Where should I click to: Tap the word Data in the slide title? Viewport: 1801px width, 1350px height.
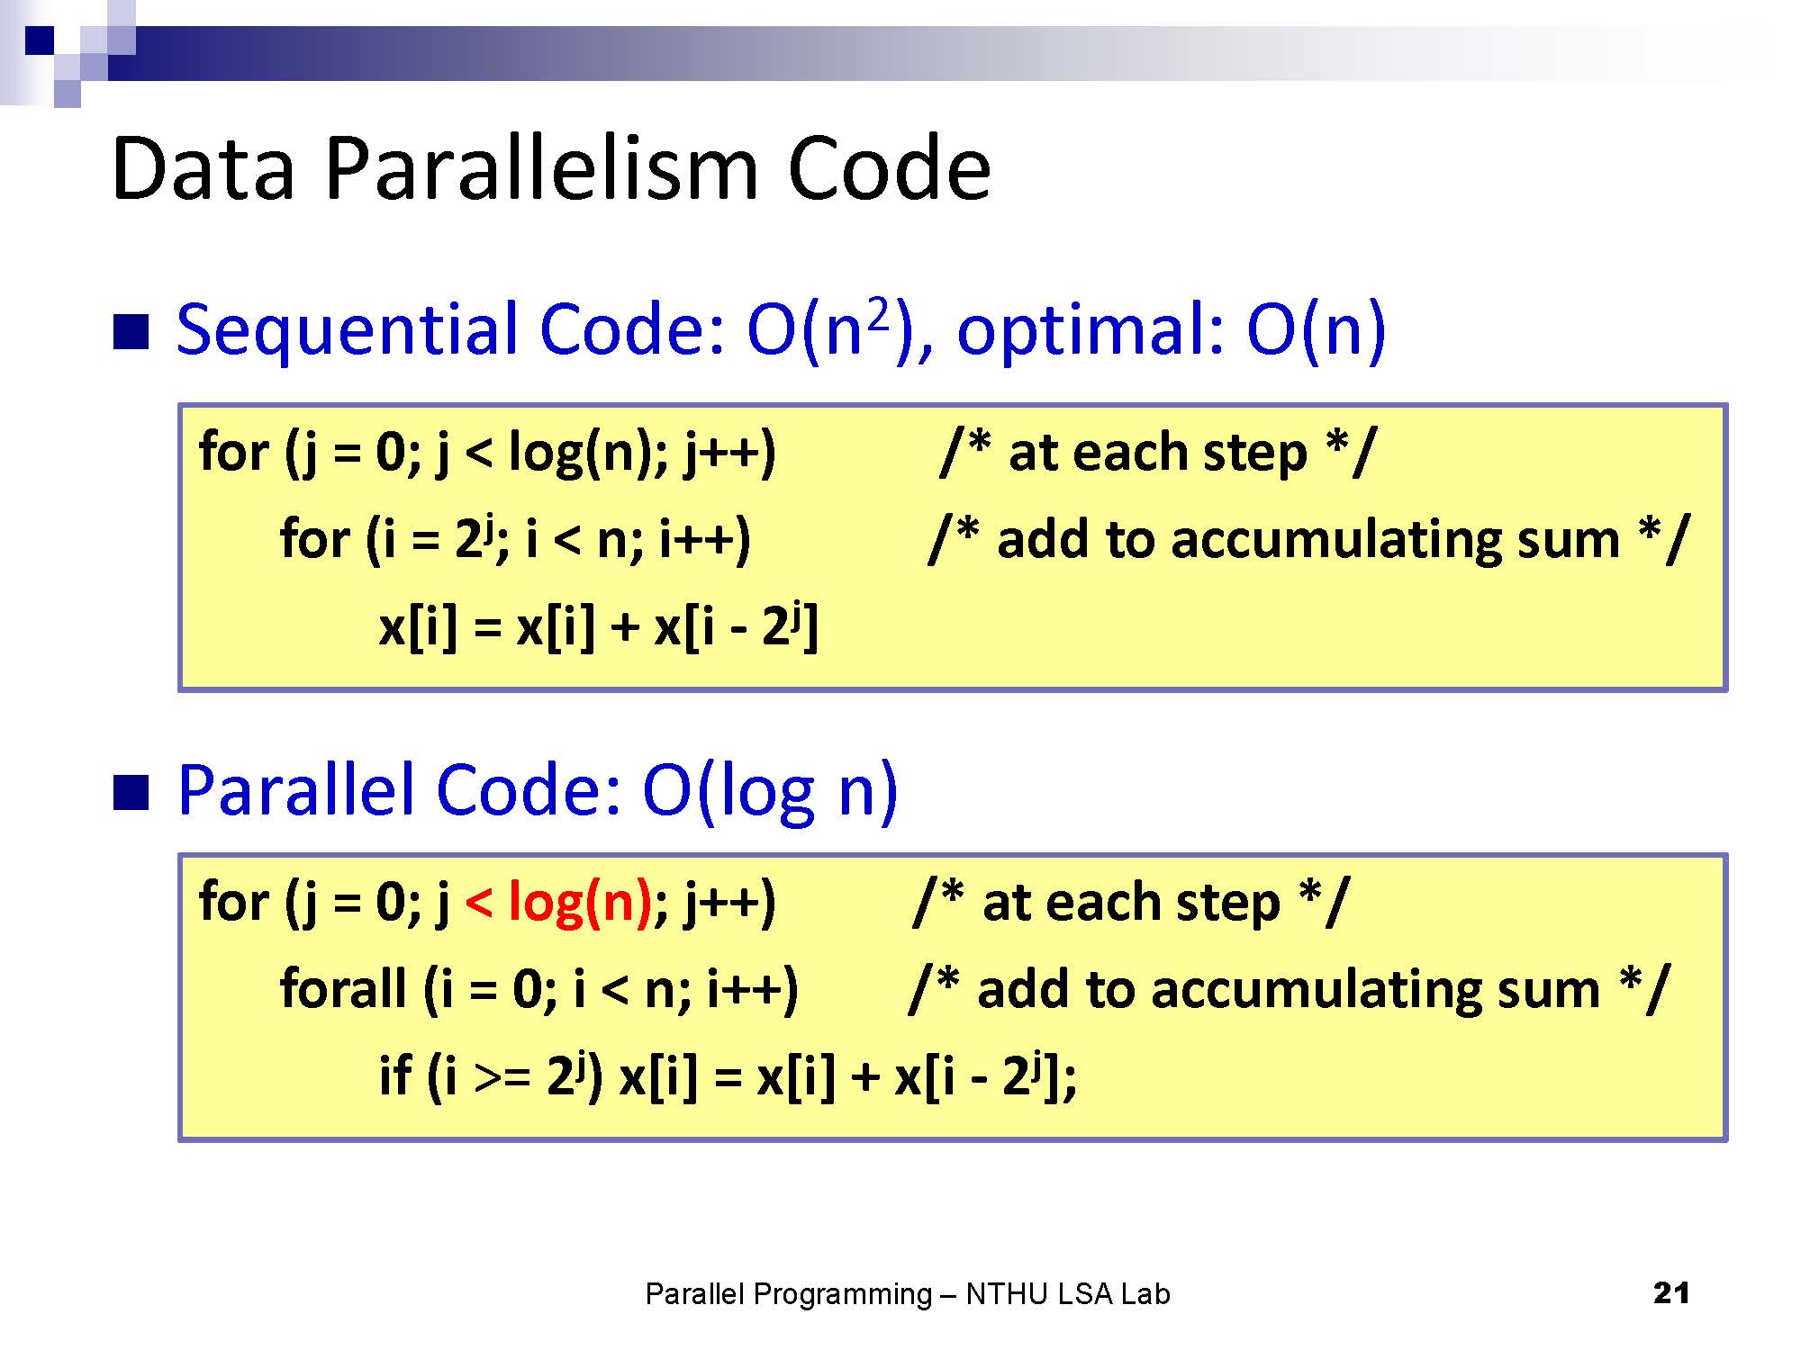[x=204, y=168]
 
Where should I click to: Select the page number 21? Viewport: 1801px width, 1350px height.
[x=1671, y=1293]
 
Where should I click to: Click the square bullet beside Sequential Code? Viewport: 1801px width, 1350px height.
[x=131, y=331]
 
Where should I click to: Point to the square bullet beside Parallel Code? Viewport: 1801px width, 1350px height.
[x=131, y=793]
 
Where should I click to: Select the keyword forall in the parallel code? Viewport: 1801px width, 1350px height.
[x=343, y=987]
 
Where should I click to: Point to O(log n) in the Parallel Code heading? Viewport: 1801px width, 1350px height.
[x=770, y=791]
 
